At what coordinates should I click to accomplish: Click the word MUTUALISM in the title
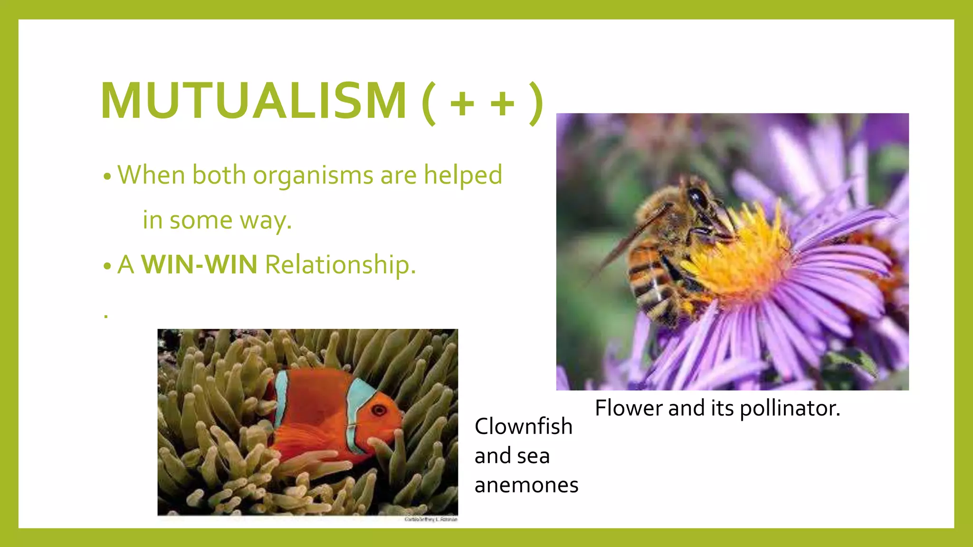[x=253, y=101]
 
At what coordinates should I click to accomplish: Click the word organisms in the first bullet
[x=313, y=176]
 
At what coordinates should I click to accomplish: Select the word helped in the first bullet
[x=463, y=175]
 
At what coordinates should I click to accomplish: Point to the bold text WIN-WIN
[x=199, y=264]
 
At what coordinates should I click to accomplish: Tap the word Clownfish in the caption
[x=523, y=426]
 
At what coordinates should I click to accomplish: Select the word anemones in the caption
[x=526, y=485]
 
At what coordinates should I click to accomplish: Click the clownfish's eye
[x=379, y=410]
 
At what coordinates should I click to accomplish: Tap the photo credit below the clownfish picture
[x=430, y=519]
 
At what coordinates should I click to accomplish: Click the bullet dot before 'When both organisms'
[x=107, y=177]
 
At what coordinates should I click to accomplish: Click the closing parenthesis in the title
[x=536, y=103]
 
